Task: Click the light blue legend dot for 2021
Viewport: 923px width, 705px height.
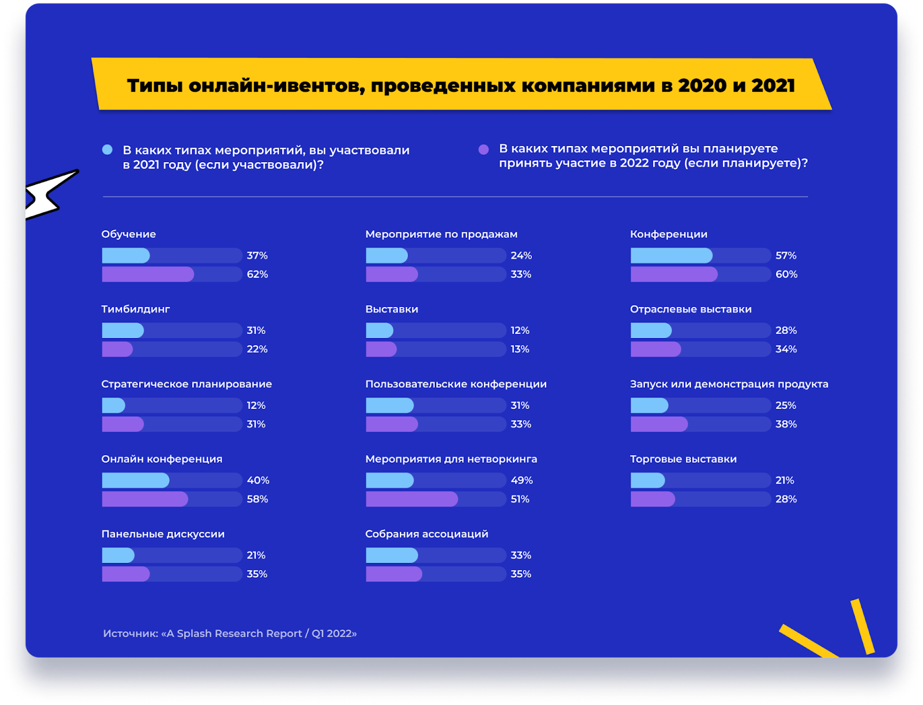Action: (x=107, y=150)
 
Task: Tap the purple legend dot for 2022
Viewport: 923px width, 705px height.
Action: (x=483, y=149)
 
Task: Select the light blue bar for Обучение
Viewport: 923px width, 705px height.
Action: (x=126, y=256)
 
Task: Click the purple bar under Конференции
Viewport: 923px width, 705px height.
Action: (x=674, y=274)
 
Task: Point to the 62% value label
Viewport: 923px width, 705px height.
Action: (x=257, y=274)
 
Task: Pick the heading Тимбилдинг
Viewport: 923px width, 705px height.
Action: (x=136, y=309)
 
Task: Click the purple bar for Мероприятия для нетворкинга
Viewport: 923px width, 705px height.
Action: (x=411, y=499)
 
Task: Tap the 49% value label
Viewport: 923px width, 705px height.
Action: (x=521, y=481)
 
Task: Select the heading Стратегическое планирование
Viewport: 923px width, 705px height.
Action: (x=186, y=384)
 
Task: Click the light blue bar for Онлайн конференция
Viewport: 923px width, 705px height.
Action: (x=136, y=481)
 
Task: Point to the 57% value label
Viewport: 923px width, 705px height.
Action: (x=786, y=256)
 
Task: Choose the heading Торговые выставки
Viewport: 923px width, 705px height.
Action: (x=683, y=459)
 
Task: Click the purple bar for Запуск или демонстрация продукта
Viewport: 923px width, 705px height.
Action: (x=659, y=424)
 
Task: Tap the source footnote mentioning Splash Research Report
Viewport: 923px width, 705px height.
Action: (x=230, y=633)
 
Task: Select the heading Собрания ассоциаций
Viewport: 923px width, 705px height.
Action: (x=426, y=534)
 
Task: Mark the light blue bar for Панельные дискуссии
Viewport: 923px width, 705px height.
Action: (x=118, y=556)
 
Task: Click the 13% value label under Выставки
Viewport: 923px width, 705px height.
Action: (x=520, y=349)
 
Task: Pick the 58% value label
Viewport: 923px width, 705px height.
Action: (x=257, y=499)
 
